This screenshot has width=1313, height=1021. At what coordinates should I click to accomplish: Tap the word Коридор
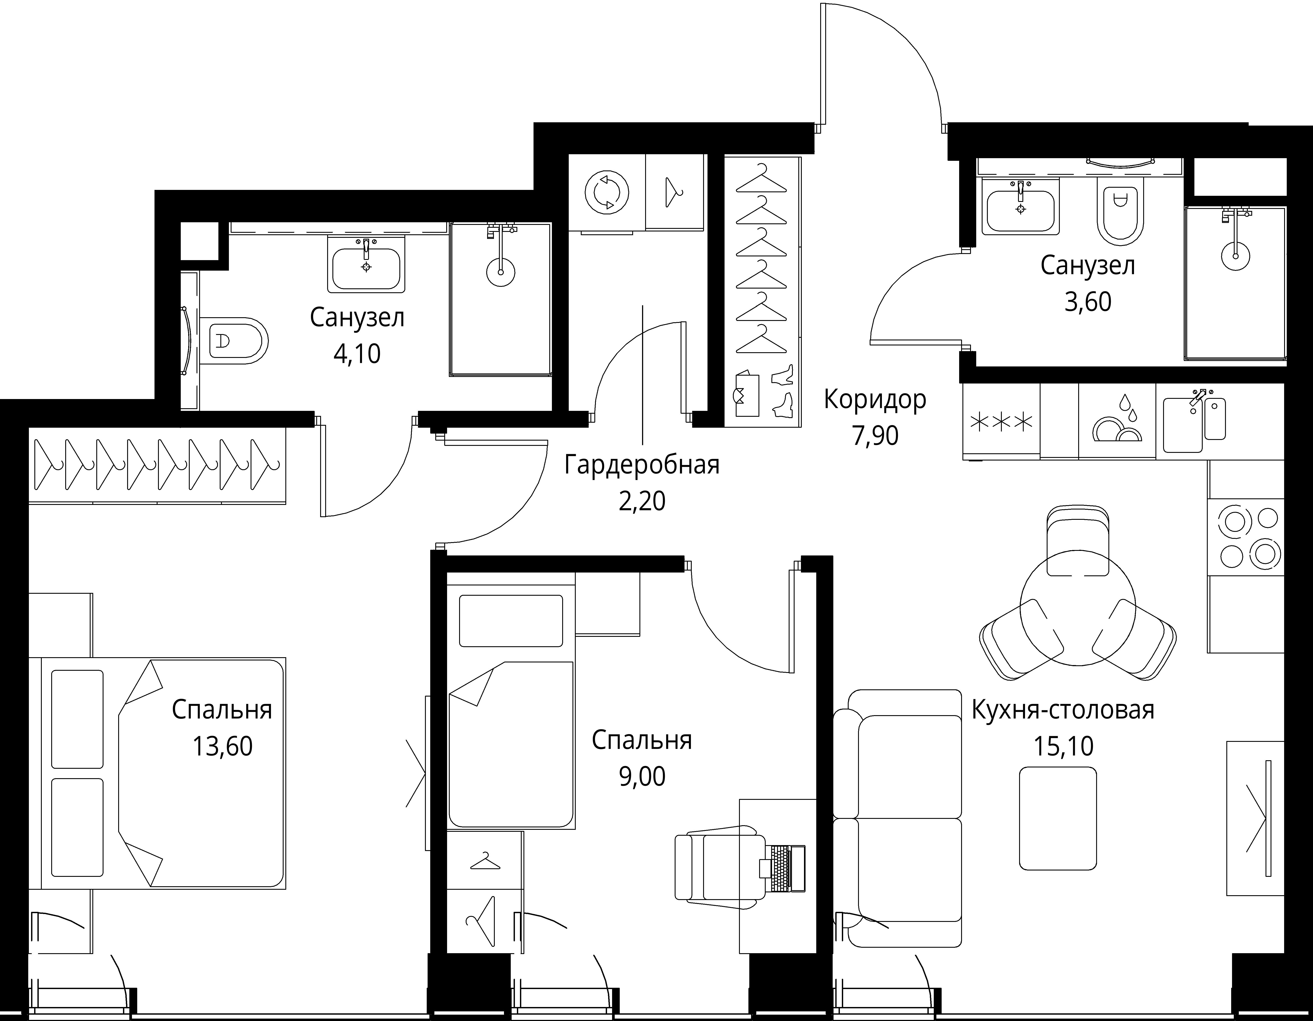[875, 400]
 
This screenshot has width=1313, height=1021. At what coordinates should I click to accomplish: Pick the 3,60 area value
[1088, 302]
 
